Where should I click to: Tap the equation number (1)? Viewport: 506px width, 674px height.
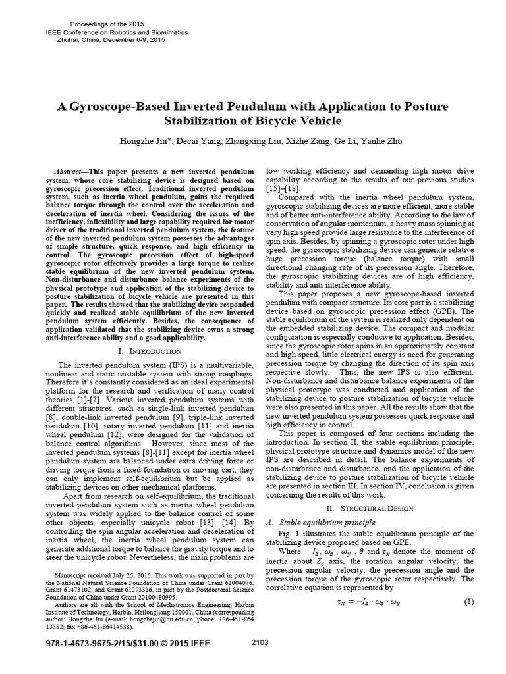[x=469, y=602]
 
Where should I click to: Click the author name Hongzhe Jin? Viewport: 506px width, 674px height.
[x=141, y=142]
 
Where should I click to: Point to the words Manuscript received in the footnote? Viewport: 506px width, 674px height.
[x=82, y=574]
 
